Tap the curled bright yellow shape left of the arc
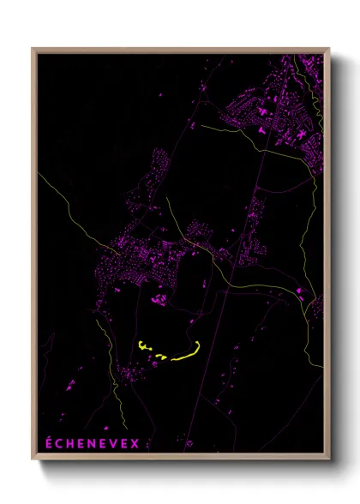(143, 346)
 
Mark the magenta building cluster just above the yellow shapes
(159, 299)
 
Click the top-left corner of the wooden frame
(33, 49)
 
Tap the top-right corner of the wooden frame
(328, 49)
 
